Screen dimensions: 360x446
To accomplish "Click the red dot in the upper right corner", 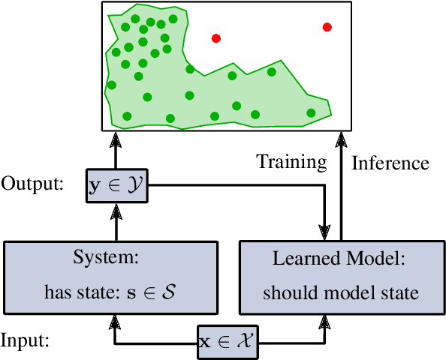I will [327, 27].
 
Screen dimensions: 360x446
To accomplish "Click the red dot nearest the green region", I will [215, 37].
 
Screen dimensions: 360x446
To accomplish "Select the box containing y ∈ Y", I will [116, 190].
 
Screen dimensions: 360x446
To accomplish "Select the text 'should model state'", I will [340, 292].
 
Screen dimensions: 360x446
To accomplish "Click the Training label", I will [291, 162].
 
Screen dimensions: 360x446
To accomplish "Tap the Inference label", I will [390, 163].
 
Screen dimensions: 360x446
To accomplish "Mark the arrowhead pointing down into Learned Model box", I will [325, 229].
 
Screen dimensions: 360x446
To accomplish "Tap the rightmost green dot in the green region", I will [311, 112].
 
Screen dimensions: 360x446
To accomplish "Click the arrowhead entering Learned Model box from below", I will [325, 321].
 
